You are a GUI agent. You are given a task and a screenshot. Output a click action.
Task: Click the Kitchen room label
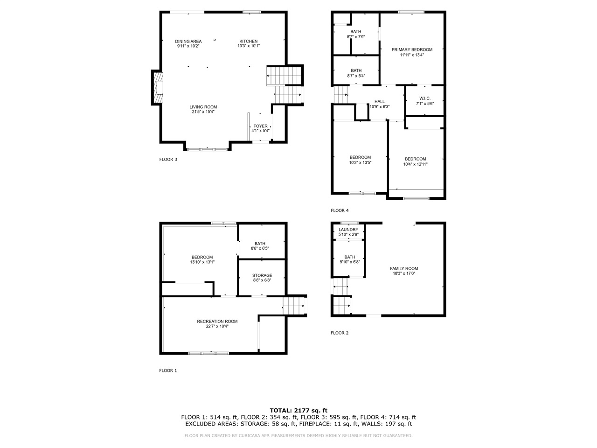tap(249, 42)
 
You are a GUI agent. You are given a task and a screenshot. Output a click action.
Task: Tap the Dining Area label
tap(188, 42)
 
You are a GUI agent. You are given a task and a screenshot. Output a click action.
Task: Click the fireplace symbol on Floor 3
tap(158, 88)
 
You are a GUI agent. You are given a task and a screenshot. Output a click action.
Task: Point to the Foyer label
tap(260, 126)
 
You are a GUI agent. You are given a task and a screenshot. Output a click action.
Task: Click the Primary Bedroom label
tap(412, 49)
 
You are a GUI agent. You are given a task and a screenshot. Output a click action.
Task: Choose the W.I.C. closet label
tap(424, 98)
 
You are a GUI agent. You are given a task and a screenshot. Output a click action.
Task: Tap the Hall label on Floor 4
tap(379, 102)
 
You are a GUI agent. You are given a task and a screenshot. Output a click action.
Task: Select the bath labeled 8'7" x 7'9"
tap(356, 34)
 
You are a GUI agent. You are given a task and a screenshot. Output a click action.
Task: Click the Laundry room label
tap(348, 230)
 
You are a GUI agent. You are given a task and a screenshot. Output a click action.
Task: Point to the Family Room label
tap(404, 268)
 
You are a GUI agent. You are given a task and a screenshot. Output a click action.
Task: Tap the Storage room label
tap(262, 275)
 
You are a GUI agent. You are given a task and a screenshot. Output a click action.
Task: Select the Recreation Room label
tap(217, 322)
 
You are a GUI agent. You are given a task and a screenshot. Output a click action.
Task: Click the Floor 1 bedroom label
tap(202, 257)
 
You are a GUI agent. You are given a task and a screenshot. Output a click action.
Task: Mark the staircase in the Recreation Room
tap(293, 307)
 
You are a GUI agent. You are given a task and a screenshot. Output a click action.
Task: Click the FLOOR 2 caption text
tap(340, 333)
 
